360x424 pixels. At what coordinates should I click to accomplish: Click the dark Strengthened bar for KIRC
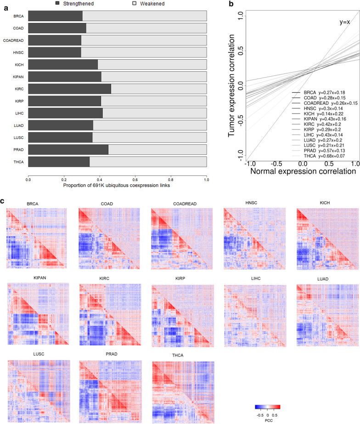click(x=69, y=89)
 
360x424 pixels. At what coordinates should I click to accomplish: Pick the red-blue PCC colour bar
click(x=267, y=407)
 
